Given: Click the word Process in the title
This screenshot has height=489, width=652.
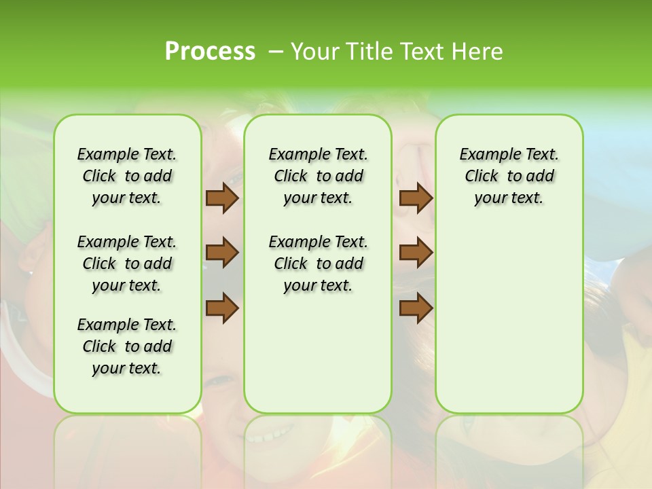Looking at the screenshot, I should pyautogui.click(x=210, y=52).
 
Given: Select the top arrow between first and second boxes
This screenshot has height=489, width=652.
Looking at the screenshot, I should pyautogui.click(x=221, y=198).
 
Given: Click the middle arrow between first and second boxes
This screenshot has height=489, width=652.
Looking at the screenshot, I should pyautogui.click(x=221, y=253).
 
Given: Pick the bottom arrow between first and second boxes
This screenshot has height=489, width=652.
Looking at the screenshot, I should pyautogui.click(x=221, y=308).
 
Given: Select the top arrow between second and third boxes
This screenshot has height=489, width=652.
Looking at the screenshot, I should pyautogui.click(x=416, y=198).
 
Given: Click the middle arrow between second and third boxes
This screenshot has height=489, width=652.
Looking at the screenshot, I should pyautogui.click(x=416, y=253).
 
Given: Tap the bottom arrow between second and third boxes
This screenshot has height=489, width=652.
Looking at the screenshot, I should pyautogui.click(x=416, y=308).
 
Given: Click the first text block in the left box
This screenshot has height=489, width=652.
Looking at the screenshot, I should pyautogui.click(x=127, y=176).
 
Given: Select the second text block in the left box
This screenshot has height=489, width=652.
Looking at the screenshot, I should pyautogui.click(x=127, y=264).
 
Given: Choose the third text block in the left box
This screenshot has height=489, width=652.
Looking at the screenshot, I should pyautogui.click(x=127, y=346).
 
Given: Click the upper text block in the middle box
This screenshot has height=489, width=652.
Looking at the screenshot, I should pyautogui.click(x=318, y=176).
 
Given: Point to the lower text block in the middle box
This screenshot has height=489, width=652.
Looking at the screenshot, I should pyautogui.click(x=318, y=264).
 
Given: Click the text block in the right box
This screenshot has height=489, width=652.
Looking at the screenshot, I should pyautogui.click(x=509, y=176).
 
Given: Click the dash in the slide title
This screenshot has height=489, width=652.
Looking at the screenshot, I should pyautogui.click(x=275, y=52).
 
